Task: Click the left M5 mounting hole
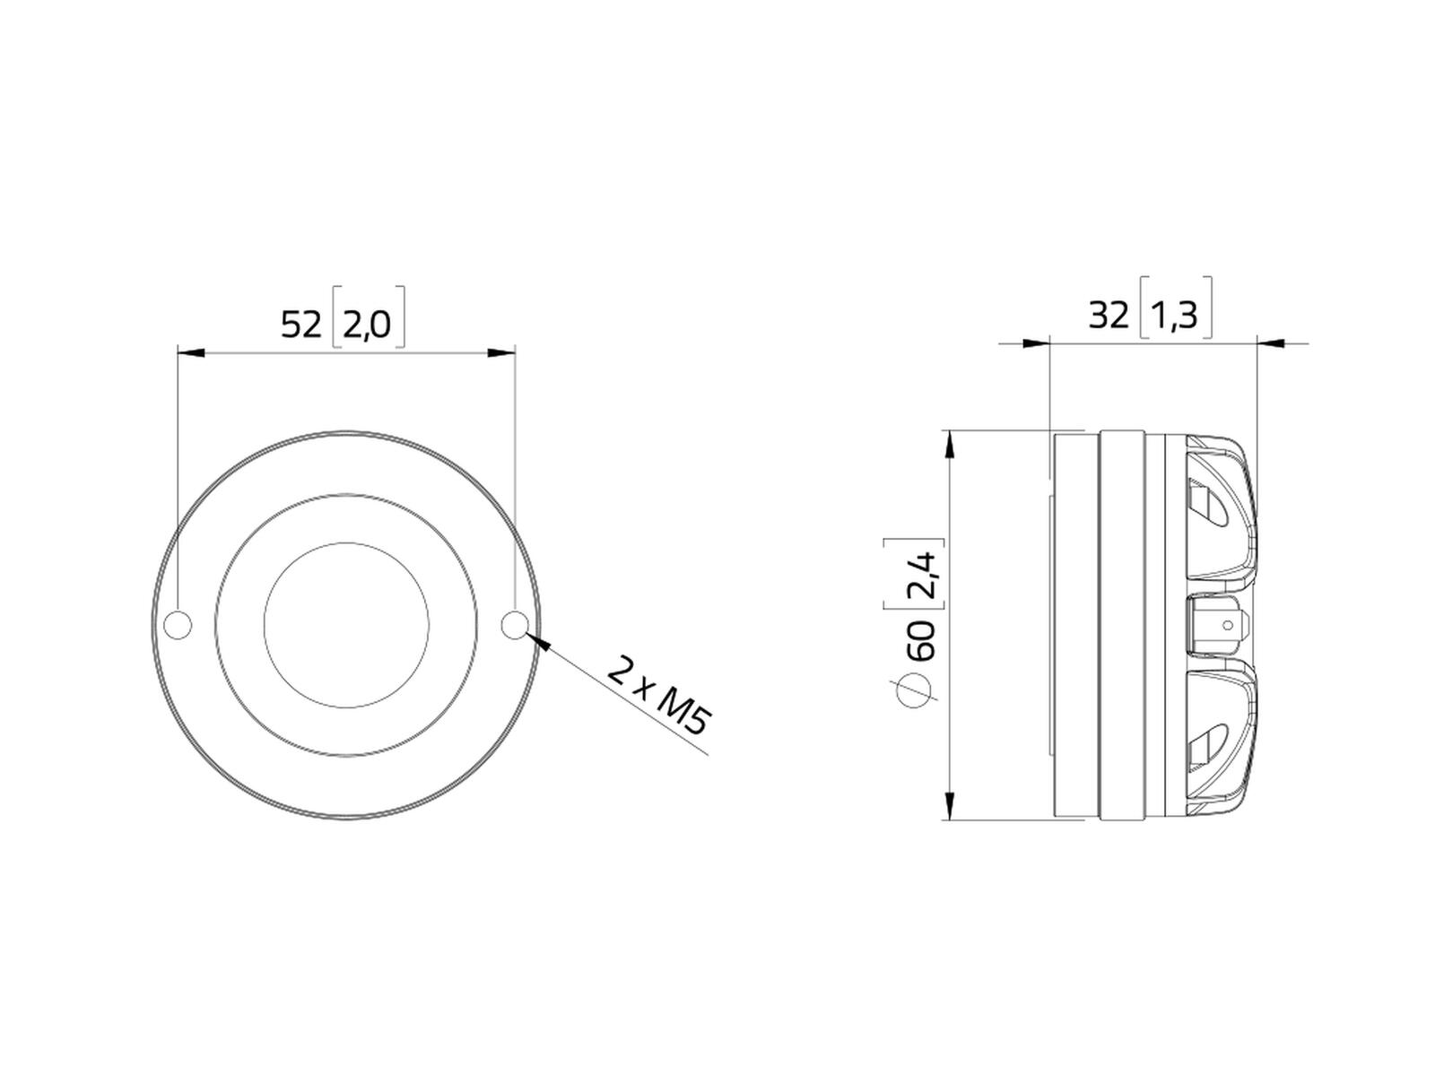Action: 178,625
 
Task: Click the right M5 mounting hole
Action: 515,625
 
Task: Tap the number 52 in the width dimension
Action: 301,325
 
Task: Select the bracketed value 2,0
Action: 367,325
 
